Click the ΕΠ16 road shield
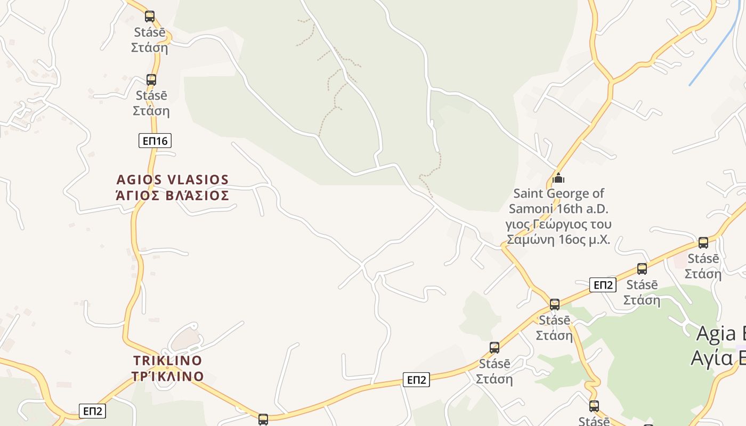pyautogui.click(x=155, y=141)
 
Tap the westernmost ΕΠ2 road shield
pyautogui.click(x=92, y=411)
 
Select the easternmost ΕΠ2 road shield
pyautogui.click(x=603, y=285)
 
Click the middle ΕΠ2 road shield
pyautogui.click(x=416, y=380)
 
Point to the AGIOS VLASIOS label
pyautogui.click(x=173, y=179)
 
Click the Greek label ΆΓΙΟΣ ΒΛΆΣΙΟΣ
pyautogui.click(x=173, y=195)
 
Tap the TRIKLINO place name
pyautogui.click(x=167, y=361)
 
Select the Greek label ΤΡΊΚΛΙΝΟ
pyautogui.click(x=168, y=376)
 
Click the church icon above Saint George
pyautogui.click(x=558, y=178)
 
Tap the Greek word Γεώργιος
pyautogui.click(x=556, y=224)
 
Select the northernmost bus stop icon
pyautogui.click(x=150, y=17)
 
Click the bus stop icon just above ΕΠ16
pyautogui.click(x=151, y=80)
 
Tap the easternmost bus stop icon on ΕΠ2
pyautogui.click(x=703, y=243)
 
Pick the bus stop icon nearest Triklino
pyautogui.click(x=263, y=420)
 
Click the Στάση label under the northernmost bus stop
pyautogui.click(x=150, y=47)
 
